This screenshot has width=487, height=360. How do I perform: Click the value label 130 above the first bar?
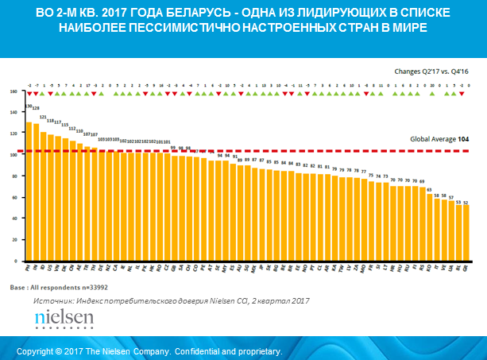(29, 106)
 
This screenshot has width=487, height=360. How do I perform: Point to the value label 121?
(44, 116)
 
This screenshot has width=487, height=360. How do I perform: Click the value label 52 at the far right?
(466, 202)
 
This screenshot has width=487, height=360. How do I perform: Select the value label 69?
(422, 182)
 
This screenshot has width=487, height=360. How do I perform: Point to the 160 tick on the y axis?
(14, 91)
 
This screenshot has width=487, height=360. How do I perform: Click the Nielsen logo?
(64, 319)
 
